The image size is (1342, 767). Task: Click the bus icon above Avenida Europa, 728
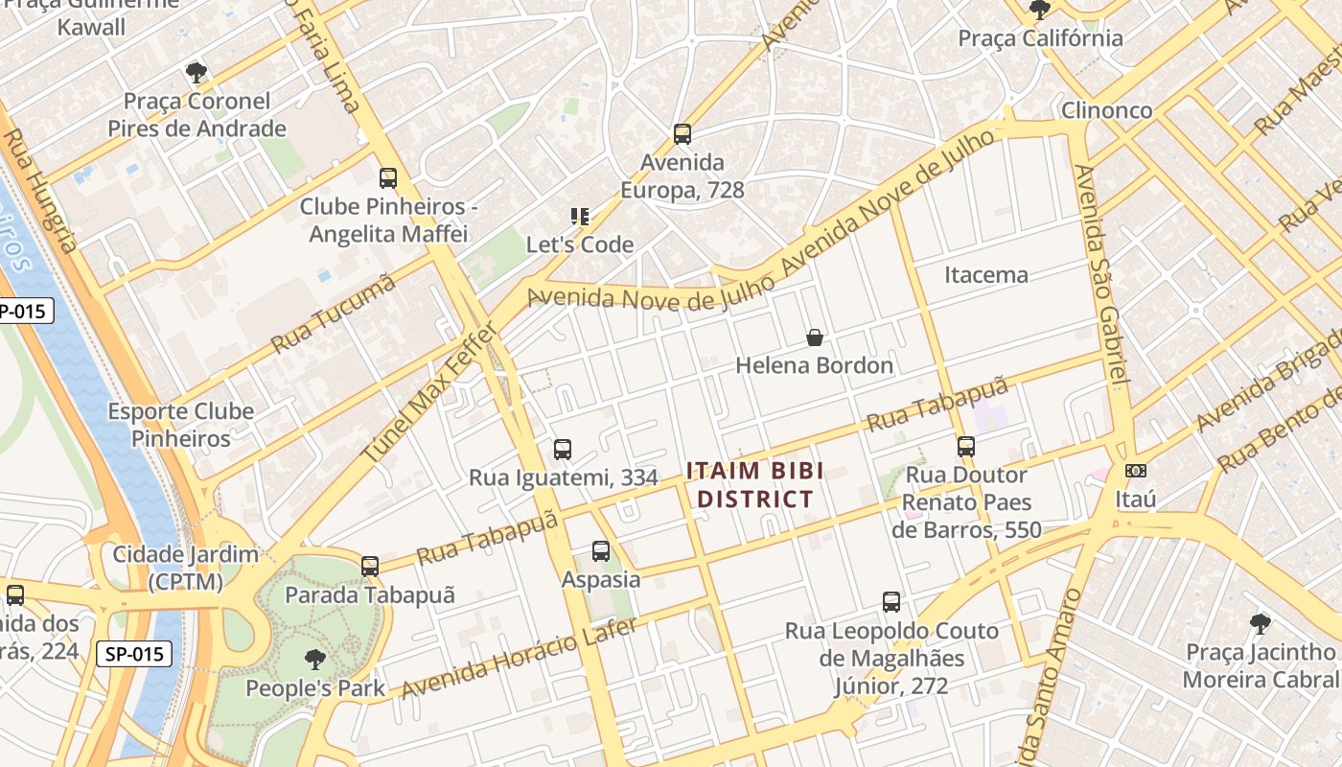(x=682, y=134)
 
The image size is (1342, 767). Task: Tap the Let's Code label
(x=580, y=244)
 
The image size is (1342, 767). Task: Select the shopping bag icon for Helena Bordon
(x=814, y=337)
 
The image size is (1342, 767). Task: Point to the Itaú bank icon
(x=1136, y=471)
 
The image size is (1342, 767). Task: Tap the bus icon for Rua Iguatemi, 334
(x=563, y=449)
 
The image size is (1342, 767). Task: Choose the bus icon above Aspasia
(x=601, y=551)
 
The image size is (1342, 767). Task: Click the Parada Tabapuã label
(x=370, y=595)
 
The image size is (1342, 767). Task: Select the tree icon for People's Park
(x=314, y=660)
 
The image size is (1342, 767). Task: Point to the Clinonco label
(x=1106, y=110)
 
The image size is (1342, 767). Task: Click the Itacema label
(x=986, y=275)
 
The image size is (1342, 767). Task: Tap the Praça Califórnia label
(x=1041, y=38)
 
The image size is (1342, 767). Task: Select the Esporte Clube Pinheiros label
(x=181, y=425)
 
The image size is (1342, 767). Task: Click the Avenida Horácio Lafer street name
(x=518, y=659)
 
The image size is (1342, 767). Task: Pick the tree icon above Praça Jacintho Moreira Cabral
(x=1261, y=624)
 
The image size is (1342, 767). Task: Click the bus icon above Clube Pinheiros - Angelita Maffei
(x=387, y=178)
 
